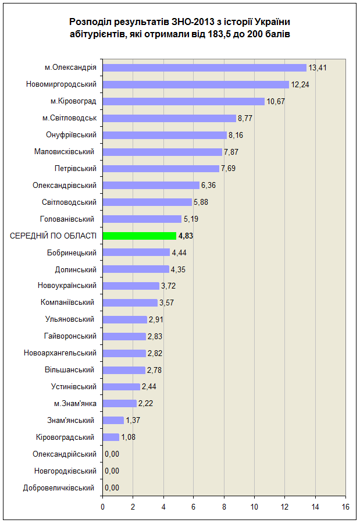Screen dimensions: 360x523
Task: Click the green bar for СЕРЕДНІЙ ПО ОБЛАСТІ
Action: [x=140, y=236]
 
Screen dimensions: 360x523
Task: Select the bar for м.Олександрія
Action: [x=204, y=67]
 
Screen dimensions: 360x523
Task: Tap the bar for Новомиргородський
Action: [x=195, y=84]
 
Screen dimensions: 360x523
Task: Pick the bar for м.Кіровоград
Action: [x=184, y=101]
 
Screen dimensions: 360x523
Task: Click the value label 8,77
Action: [x=245, y=119]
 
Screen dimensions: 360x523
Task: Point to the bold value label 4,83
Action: [x=186, y=236]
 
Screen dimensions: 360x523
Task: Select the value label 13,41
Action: [x=318, y=67]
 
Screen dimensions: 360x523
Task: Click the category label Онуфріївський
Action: [x=71, y=135]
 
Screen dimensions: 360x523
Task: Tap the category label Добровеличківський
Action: [x=59, y=488]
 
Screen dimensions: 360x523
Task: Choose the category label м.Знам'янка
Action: [x=76, y=404]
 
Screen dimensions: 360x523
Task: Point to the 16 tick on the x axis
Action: [x=345, y=507]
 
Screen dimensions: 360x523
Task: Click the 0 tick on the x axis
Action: [x=103, y=507]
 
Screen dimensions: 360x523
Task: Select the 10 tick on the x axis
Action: [x=254, y=507]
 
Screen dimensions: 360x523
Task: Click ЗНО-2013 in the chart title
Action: [x=193, y=22]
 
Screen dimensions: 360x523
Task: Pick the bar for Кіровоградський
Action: [x=111, y=437]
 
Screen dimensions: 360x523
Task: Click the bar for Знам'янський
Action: [x=113, y=420]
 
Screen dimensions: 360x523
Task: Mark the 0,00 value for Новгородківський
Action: [x=112, y=471]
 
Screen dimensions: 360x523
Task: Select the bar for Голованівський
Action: [x=142, y=219]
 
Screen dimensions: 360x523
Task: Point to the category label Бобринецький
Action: [x=72, y=253]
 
